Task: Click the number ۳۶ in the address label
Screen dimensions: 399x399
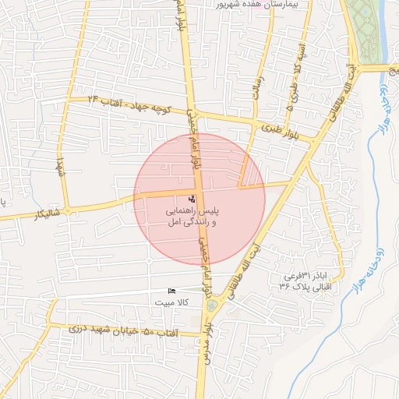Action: click(285, 287)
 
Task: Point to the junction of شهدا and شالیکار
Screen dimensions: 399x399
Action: click(67, 210)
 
